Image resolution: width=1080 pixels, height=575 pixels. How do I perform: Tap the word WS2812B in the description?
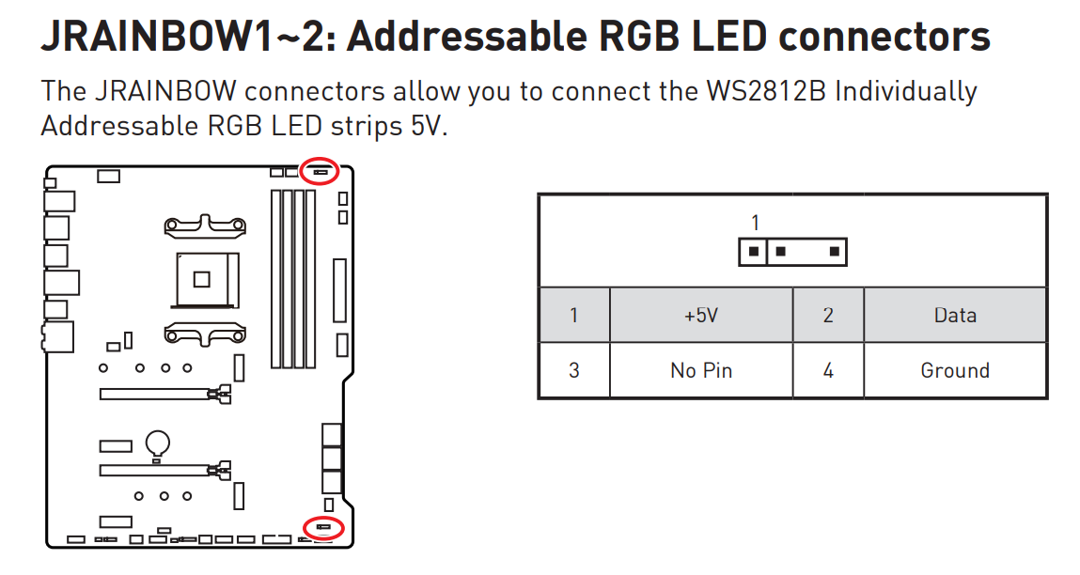(x=766, y=91)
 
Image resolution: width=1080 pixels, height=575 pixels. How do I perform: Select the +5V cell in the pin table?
(x=701, y=316)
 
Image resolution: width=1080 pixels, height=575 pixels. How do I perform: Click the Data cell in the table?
(x=955, y=316)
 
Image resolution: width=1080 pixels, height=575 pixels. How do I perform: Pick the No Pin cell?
(x=701, y=370)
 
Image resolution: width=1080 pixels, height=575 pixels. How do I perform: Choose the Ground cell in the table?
(x=955, y=370)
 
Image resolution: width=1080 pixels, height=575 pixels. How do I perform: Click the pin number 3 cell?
(x=574, y=370)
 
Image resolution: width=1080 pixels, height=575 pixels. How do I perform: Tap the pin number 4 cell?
(x=828, y=370)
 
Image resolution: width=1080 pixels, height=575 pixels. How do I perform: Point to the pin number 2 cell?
(x=828, y=316)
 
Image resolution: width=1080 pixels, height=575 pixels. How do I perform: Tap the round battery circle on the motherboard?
(x=158, y=443)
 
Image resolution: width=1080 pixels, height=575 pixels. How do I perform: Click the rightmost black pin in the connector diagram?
(x=834, y=252)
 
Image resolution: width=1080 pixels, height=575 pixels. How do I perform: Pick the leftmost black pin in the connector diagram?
(x=754, y=252)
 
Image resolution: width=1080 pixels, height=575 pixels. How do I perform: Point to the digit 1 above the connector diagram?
(x=756, y=223)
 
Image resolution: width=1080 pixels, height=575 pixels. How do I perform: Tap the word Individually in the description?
(x=906, y=91)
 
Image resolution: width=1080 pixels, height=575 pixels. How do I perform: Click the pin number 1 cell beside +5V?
(x=574, y=316)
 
